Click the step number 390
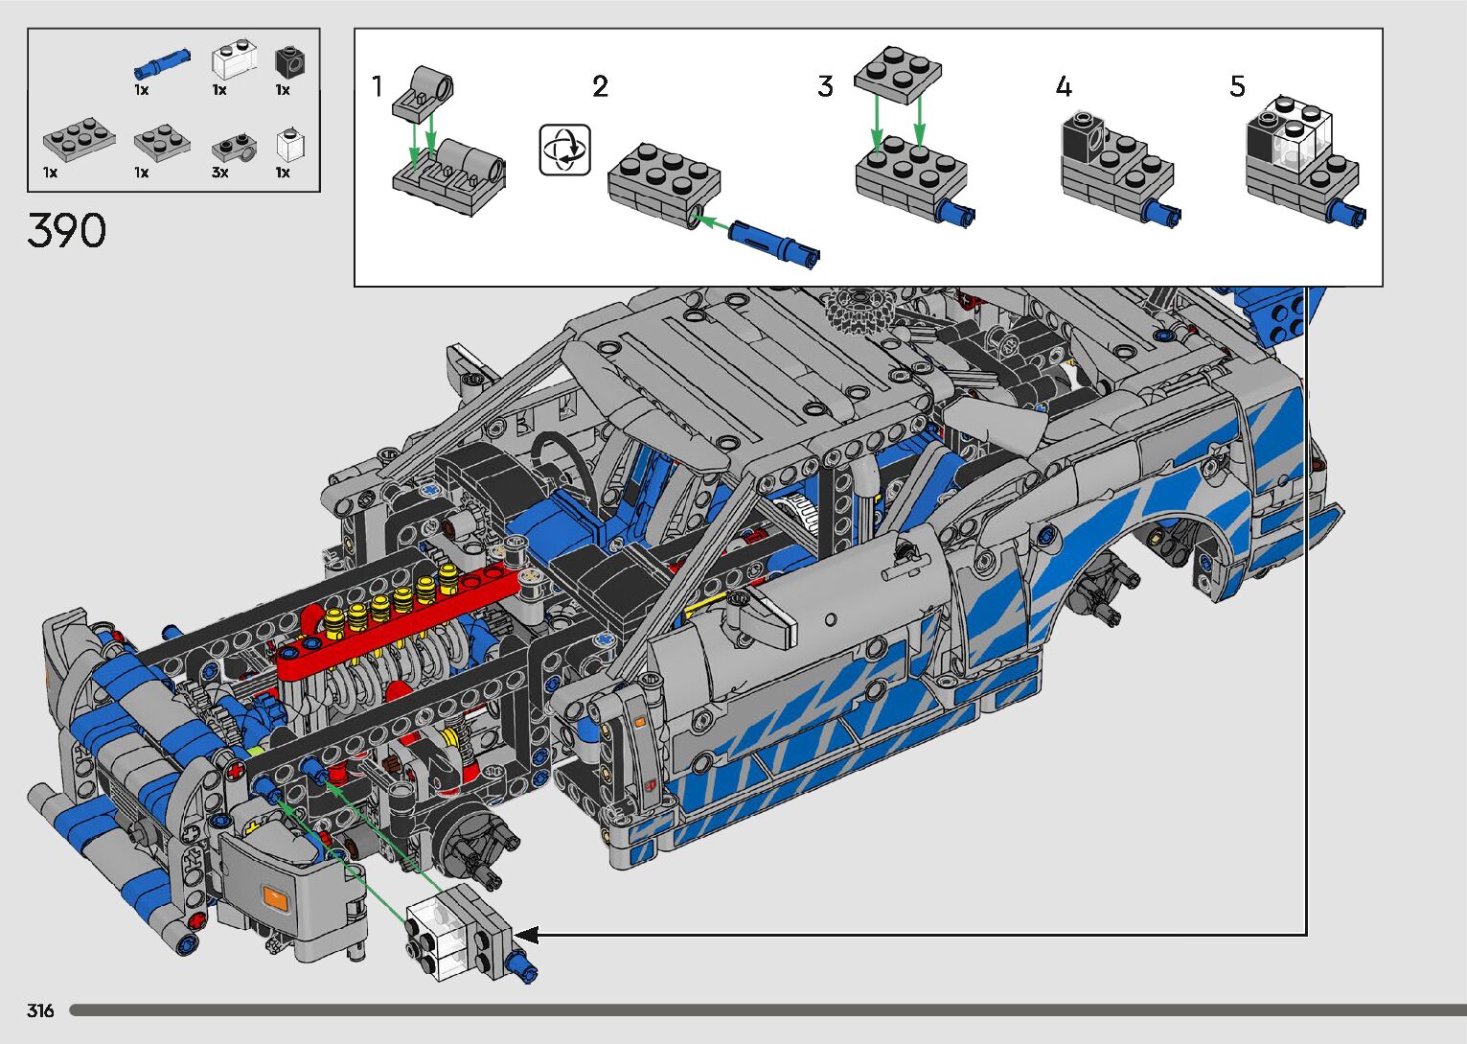67,230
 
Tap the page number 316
40,1010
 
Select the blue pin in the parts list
163,63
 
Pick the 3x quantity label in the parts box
220,173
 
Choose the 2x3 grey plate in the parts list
80,138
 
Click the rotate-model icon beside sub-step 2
564,150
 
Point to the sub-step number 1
378,86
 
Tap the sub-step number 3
825,86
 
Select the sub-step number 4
1064,86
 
